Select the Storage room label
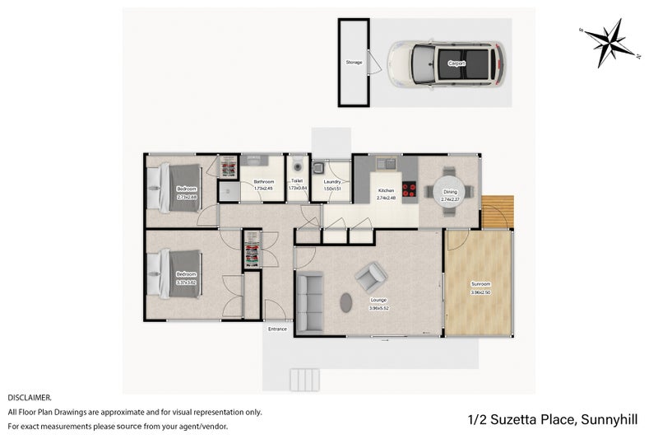[x=354, y=63]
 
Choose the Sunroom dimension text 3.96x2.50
[x=480, y=292]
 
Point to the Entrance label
[x=277, y=329]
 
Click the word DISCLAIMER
[x=30, y=397]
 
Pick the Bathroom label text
[x=263, y=181]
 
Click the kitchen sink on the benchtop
[x=387, y=163]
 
